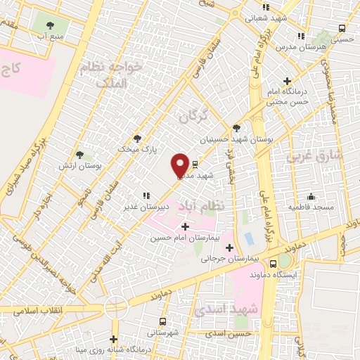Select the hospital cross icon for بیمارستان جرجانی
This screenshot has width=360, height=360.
click(x=229, y=247)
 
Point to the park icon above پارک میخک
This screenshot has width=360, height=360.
click(x=137, y=139)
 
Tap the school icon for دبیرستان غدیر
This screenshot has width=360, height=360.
click(x=146, y=195)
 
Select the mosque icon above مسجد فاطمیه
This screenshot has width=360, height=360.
click(x=311, y=196)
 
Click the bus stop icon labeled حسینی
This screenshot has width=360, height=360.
click(x=342, y=29)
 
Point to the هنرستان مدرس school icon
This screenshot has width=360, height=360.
click(x=301, y=36)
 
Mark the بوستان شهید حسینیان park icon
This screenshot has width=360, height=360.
click(x=236, y=128)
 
